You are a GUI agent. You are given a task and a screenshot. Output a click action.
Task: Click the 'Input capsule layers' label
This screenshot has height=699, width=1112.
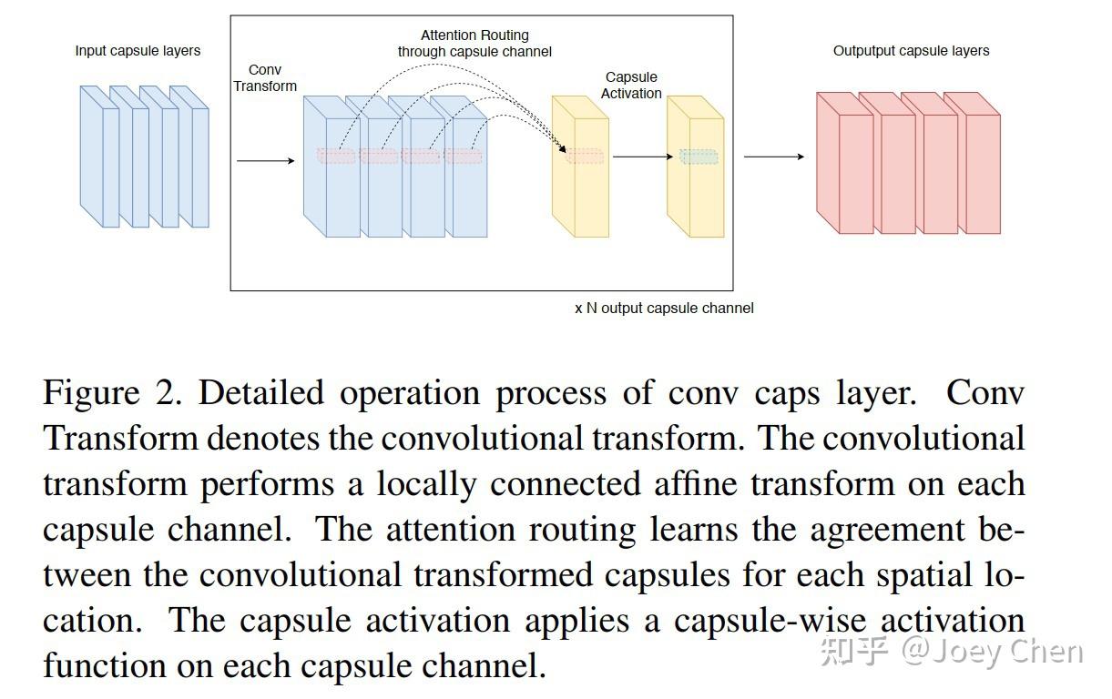138,51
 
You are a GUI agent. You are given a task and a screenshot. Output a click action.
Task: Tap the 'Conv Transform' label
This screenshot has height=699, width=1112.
265,78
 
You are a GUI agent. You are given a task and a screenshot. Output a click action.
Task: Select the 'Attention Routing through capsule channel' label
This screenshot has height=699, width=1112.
474,44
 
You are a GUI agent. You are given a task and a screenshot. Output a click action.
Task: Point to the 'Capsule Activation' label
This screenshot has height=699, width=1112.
631,86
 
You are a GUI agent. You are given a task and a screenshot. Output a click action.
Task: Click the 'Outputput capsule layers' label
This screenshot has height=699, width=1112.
911,51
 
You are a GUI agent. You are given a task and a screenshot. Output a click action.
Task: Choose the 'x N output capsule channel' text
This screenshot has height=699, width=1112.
664,309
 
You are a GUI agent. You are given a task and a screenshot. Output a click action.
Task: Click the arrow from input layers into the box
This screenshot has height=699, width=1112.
265,161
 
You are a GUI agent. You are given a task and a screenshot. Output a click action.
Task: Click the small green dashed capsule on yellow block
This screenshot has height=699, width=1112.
699,157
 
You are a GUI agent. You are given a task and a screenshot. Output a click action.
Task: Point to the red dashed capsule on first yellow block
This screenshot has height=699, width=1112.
585,157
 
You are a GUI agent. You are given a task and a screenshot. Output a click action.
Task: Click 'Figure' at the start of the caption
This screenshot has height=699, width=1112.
91,393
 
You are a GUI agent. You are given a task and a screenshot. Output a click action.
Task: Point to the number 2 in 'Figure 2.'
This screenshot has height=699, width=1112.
173,393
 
